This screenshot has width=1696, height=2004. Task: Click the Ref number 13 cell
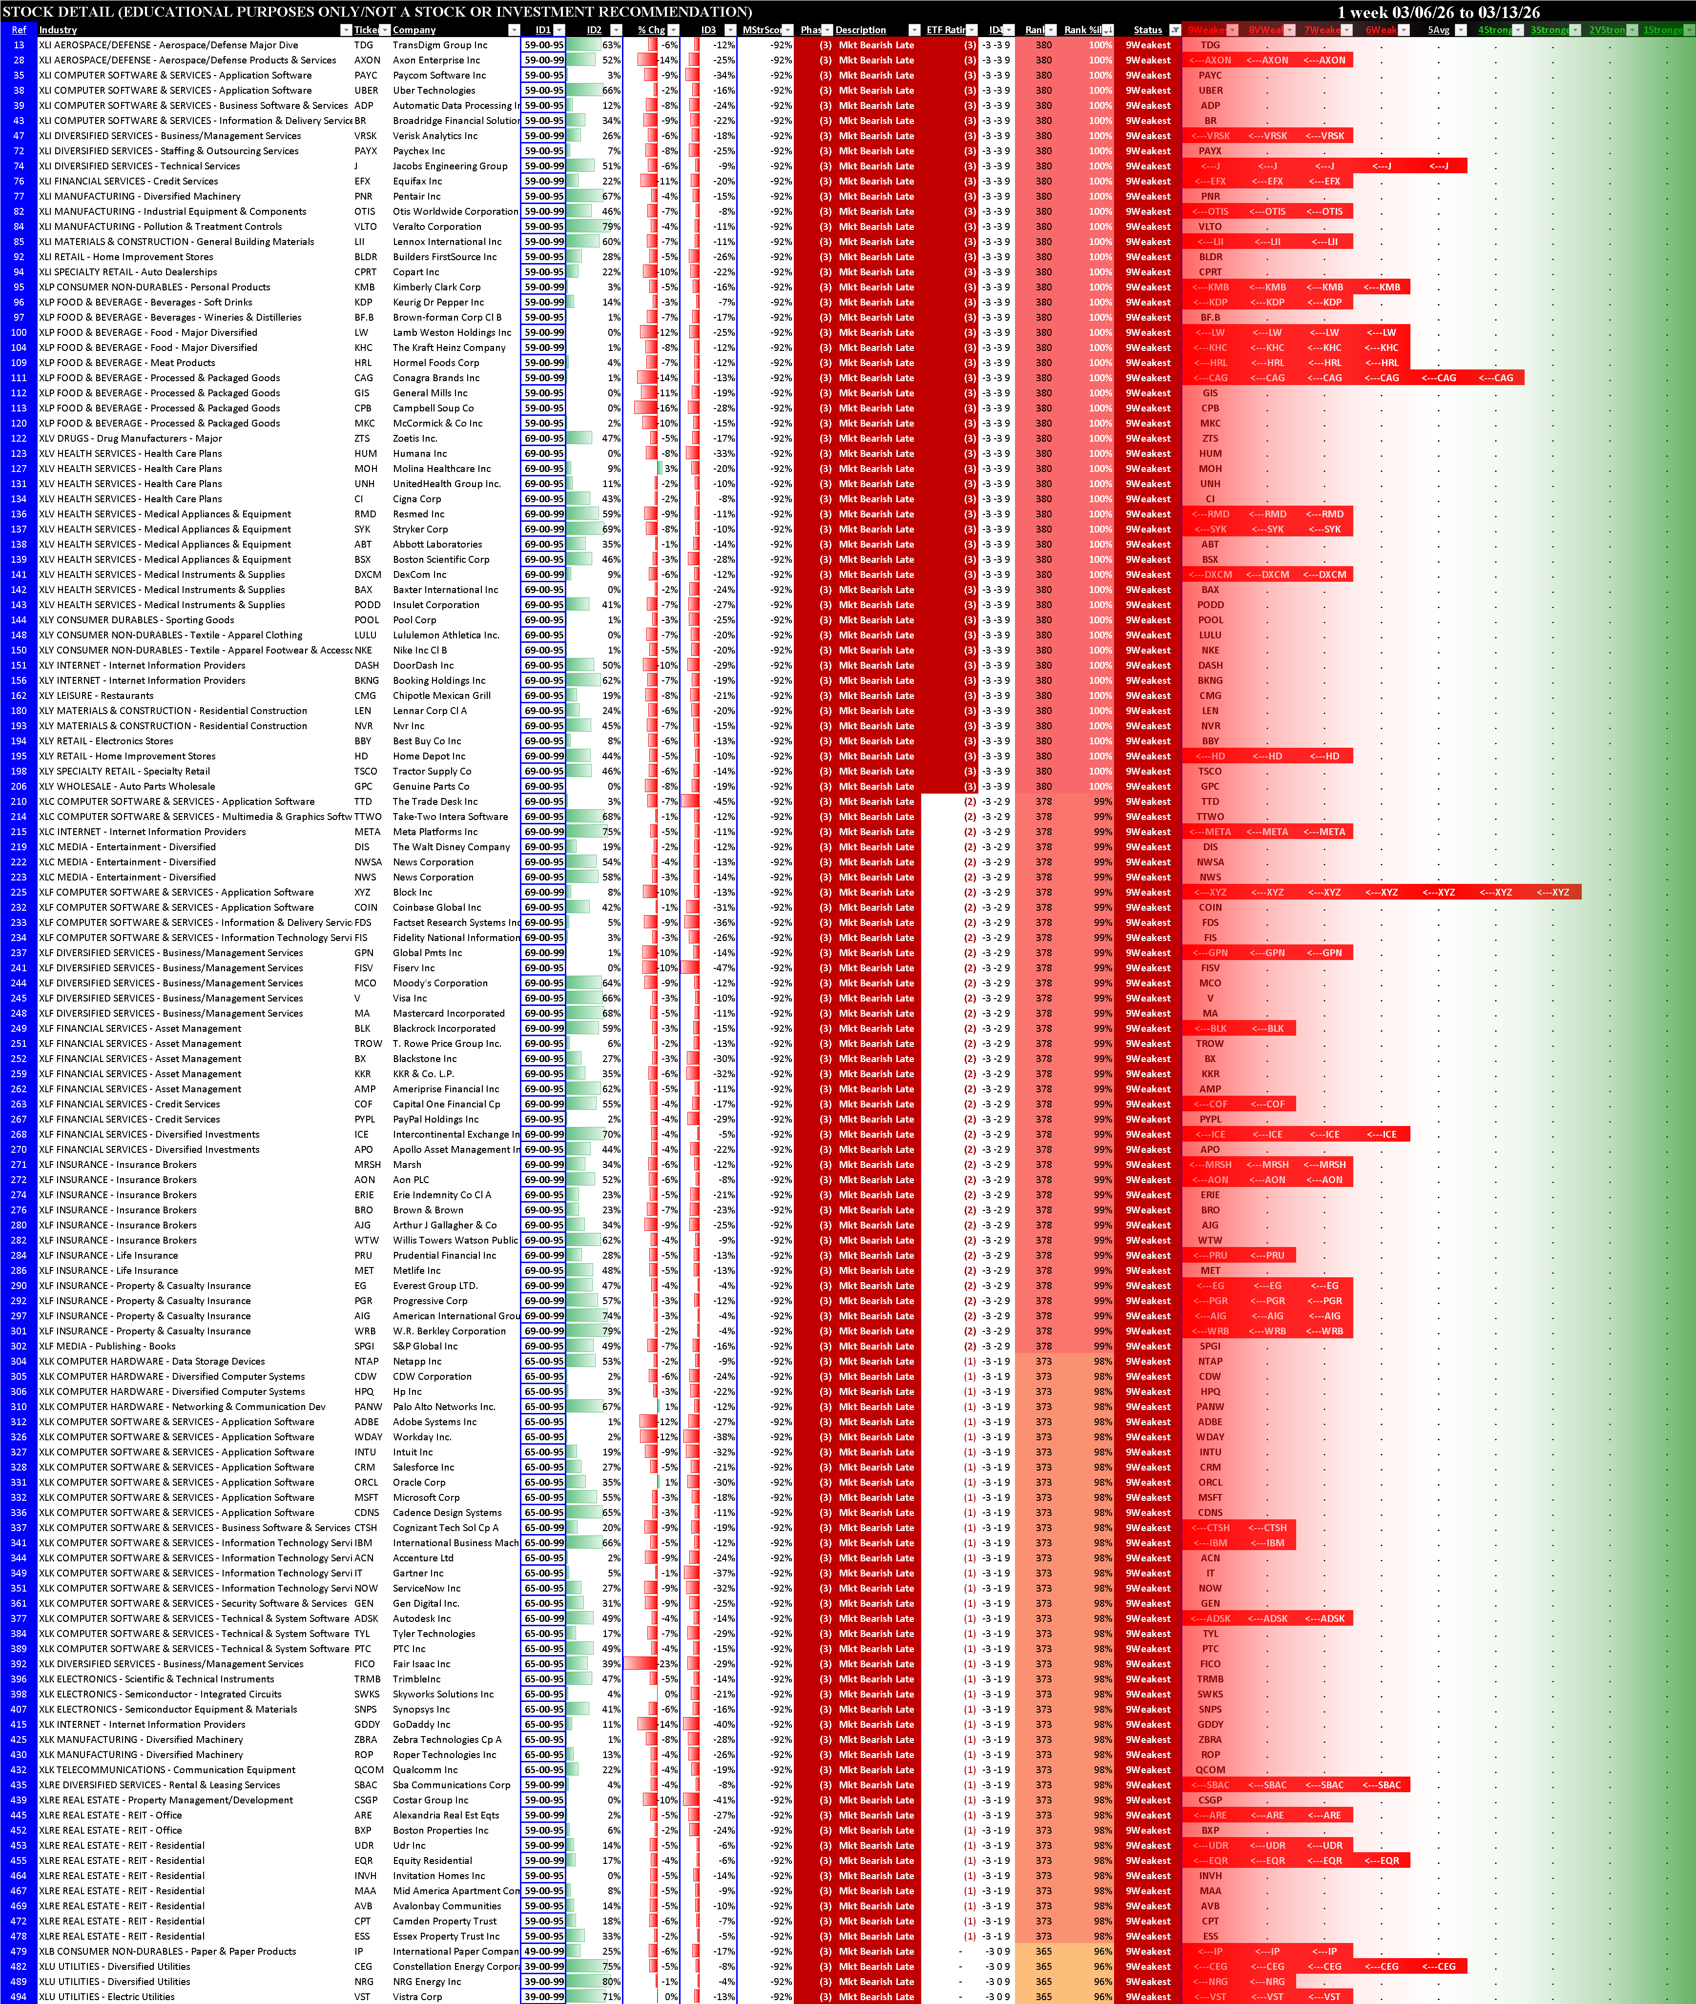coord(18,45)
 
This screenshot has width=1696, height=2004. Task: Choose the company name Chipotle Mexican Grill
coord(441,696)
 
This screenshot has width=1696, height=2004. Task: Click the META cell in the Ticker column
coord(367,832)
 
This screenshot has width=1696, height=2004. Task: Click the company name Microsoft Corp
coord(426,1497)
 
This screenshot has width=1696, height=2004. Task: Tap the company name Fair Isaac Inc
coord(421,1664)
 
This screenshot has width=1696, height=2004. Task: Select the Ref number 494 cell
coord(18,1996)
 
